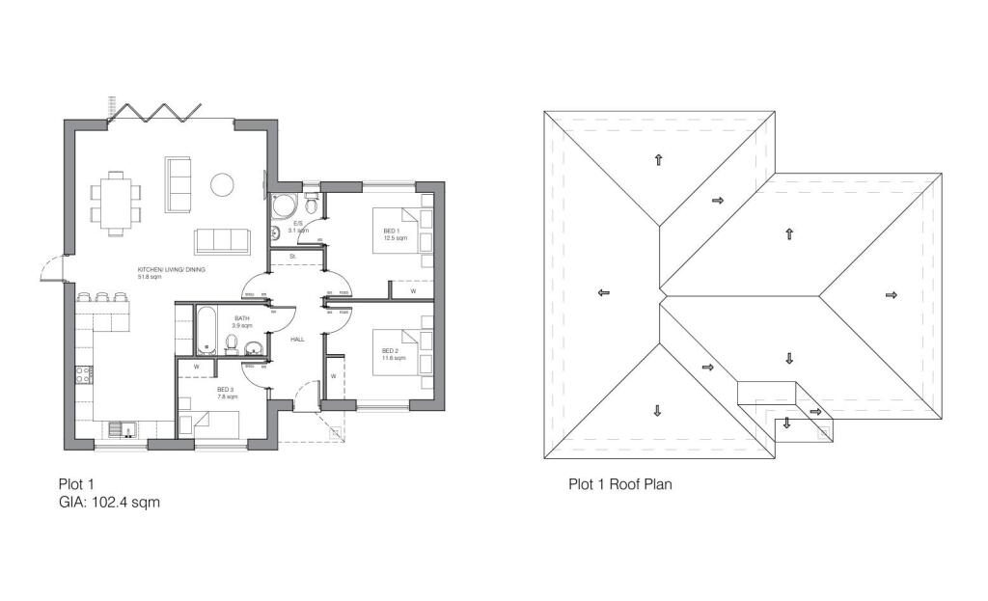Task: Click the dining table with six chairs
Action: point(116,203)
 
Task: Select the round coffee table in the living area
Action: point(223,184)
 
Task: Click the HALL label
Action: point(297,340)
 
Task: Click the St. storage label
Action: point(292,257)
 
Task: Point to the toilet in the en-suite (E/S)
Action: point(311,207)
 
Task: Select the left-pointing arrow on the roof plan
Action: point(602,291)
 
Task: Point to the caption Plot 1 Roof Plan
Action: point(619,484)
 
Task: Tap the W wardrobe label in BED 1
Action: point(413,290)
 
